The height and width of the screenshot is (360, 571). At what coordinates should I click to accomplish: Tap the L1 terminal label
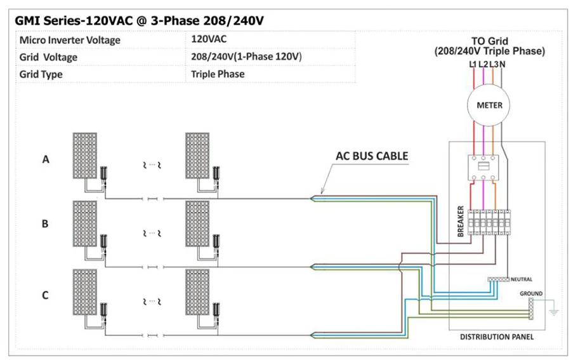point(473,63)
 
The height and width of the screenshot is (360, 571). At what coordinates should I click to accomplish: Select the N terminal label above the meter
point(502,63)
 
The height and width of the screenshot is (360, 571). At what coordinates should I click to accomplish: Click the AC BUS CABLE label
point(372,156)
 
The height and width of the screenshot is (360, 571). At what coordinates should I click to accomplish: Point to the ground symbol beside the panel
point(553,311)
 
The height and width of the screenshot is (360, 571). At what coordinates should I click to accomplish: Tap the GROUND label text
point(531,293)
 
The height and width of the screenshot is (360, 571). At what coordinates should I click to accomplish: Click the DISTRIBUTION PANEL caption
point(496,337)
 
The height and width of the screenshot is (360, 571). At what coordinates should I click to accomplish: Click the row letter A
point(45,160)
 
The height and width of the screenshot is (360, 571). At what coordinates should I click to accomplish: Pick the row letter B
point(45,223)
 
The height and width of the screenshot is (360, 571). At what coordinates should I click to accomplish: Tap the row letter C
point(45,295)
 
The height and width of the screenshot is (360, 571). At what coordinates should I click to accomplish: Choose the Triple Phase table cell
point(218,74)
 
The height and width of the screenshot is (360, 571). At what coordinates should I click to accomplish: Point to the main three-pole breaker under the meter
point(485,166)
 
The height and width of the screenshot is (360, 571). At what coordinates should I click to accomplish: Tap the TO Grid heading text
point(489,43)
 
